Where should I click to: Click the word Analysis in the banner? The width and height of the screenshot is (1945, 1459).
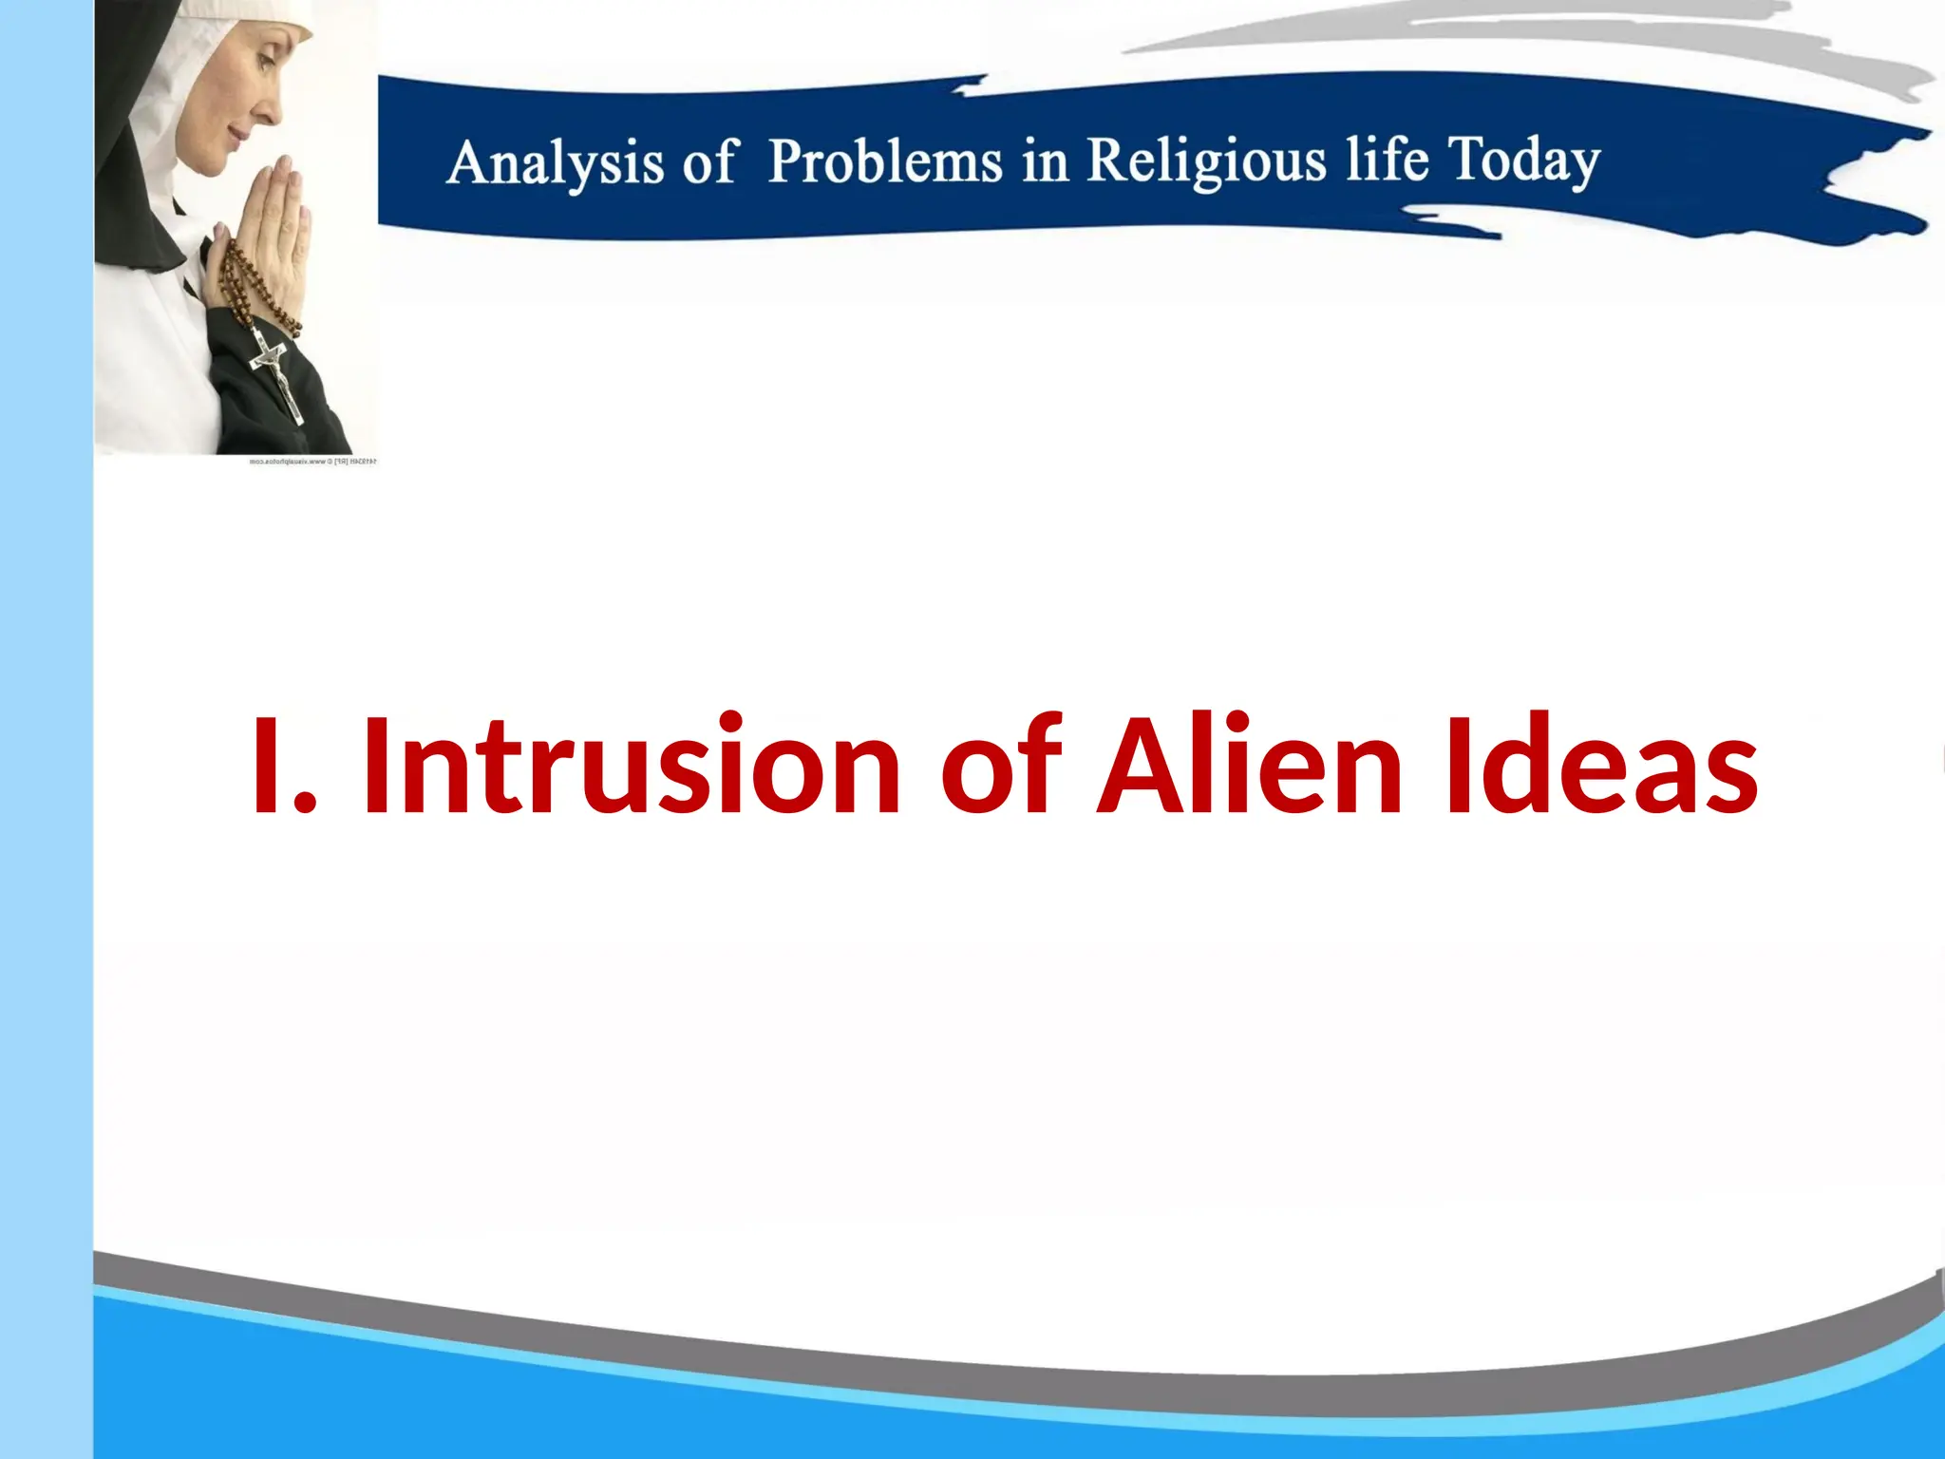[x=555, y=163]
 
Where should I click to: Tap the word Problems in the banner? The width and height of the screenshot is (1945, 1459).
[x=885, y=161]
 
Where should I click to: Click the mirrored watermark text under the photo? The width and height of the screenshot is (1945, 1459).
[x=312, y=462]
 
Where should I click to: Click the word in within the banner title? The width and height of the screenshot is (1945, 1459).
[x=1045, y=161]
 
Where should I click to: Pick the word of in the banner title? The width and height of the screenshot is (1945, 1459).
[x=708, y=163]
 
